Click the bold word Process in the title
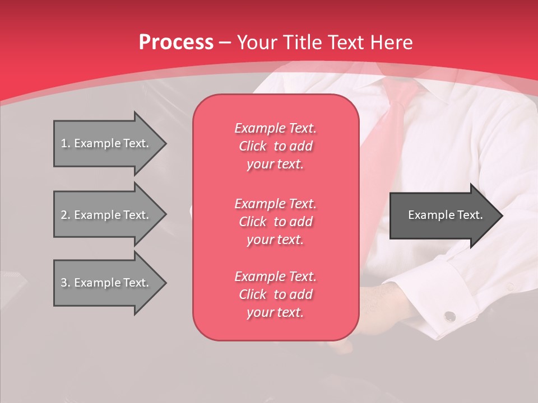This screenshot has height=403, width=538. coord(176,42)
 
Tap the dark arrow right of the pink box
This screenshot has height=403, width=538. coord(443,215)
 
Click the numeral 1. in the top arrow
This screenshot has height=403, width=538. coord(66,143)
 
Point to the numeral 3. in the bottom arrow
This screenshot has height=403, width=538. coord(66,283)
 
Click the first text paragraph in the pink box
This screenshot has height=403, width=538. coord(275,146)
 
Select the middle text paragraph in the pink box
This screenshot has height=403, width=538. coord(275,222)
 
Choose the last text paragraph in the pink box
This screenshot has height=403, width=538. coord(275,294)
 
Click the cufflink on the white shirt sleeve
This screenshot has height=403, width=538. coord(449,317)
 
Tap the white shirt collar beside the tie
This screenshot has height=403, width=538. coord(432,90)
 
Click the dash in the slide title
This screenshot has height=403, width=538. coord(225,43)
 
